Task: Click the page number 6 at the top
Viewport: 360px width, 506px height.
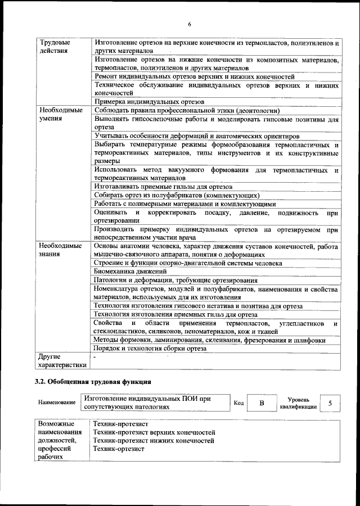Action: coord(190,24)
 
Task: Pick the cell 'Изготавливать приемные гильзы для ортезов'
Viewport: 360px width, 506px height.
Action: coord(164,186)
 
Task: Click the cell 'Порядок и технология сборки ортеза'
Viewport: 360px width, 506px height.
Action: coord(150,349)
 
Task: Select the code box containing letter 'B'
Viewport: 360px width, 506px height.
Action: coord(262,403)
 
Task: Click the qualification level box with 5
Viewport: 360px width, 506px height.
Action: coord(330,403)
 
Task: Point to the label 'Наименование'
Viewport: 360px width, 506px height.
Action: coord(57,403)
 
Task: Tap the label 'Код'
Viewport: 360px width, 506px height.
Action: coord(238,403)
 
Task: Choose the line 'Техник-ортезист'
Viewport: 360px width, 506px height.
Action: coord(119,449)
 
